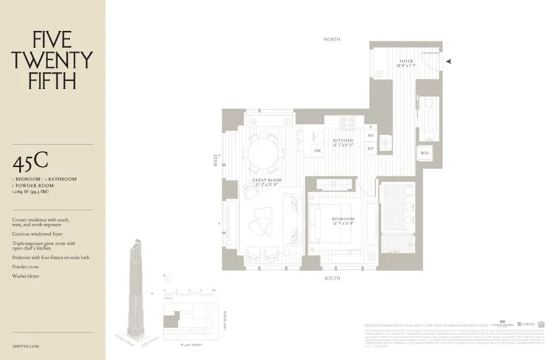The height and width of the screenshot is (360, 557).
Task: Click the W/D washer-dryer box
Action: pyautogui.click(x=425, y=153)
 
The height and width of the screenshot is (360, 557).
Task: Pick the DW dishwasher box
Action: pyautogui.click(x=317, y=151)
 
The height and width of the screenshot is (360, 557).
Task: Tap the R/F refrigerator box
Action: pyautogui.click(x=371, y=148)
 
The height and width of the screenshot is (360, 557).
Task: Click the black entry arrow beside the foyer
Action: pyautogui.click(x=449, y=61)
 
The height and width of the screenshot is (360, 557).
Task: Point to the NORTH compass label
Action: pyautogui.click(x=332, y=40)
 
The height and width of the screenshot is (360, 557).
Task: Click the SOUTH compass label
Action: pyautogui.click(x=332, y=278)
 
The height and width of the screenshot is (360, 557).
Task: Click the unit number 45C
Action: pyautogui.click(x=30, y=162)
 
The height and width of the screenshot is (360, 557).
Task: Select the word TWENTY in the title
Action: pyautogui.click(x=52, y=60)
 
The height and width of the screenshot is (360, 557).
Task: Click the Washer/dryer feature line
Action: pyautogui.click(x=25, y=276)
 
